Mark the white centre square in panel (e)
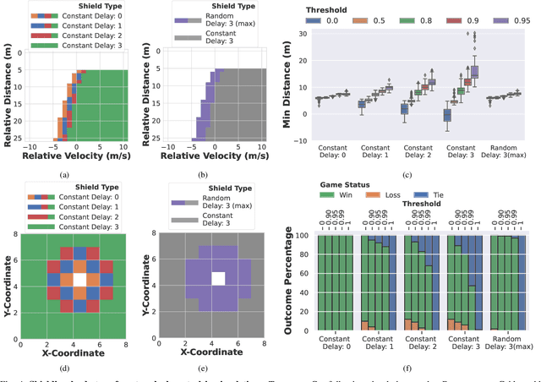[x=218, y=277]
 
